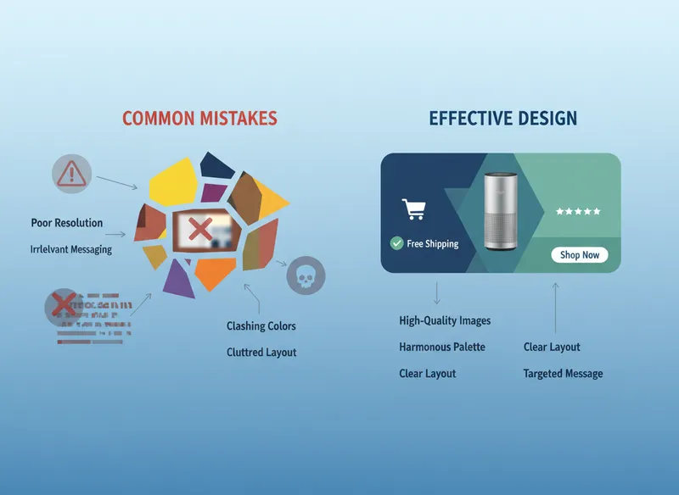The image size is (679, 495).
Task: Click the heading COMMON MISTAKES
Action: [199, 118]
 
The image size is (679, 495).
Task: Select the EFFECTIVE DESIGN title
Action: [502, 118]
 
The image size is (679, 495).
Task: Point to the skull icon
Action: [306, 275]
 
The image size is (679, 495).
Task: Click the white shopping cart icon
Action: [412, 209]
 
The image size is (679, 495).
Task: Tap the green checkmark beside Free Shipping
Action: [396, 243]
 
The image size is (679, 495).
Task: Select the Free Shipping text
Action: [432, 244]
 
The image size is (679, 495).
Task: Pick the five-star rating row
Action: [578, 211]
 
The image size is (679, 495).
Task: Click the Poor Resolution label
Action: [66, 223]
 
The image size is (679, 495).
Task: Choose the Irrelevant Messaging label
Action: [71, 250]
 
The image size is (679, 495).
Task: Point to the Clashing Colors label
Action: [261, 326]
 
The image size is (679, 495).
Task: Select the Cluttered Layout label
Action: [261, 353]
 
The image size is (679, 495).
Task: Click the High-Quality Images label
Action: [445, 320]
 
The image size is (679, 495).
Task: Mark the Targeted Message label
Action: [563, 374]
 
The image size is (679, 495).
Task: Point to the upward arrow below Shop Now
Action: [555, 308]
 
